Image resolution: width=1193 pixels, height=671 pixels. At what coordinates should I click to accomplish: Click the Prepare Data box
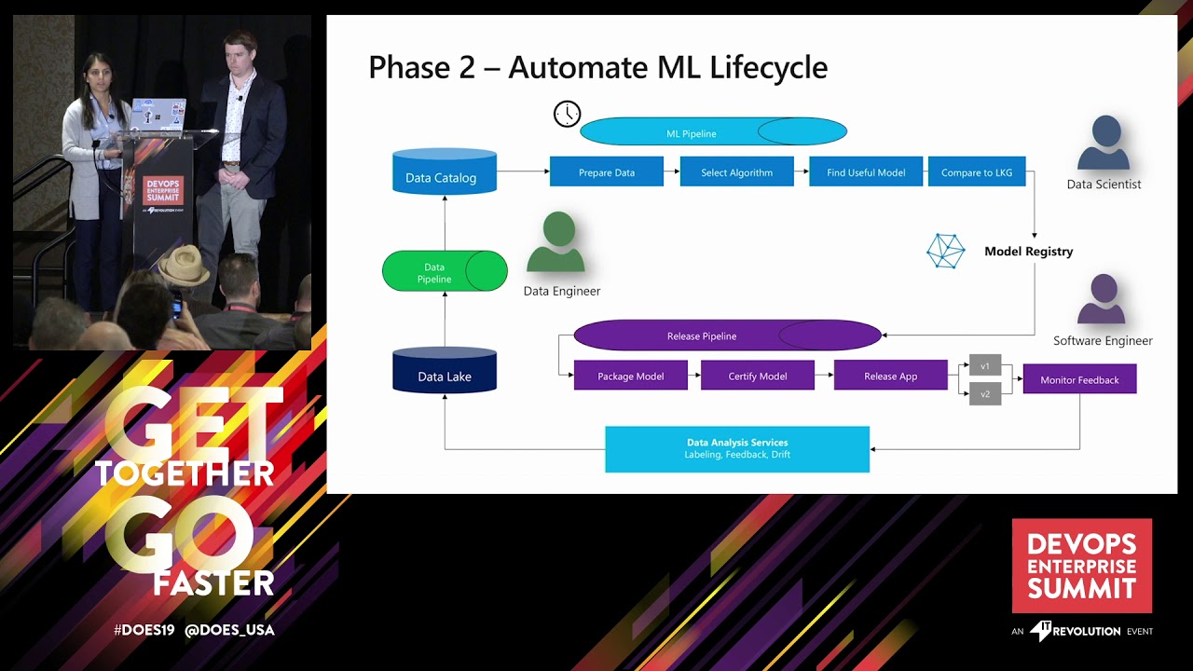click(x=606, y=172)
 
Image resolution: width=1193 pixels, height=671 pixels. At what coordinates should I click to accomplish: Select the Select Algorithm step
click(x=736, y=172)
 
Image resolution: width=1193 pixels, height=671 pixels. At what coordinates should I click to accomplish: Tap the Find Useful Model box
click(x=865, y=172)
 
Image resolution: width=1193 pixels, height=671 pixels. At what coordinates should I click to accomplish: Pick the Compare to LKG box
click(x=976, y=172)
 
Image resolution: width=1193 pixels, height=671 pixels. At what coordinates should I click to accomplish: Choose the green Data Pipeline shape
click(x=444, y=271)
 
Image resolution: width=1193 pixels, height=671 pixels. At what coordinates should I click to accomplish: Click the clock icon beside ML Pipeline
click(x=567, y=115)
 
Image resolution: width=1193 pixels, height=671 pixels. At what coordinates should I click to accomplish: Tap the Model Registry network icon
click(x=945, y=251)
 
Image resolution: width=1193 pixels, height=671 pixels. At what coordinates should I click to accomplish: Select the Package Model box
click(x=630, y=376)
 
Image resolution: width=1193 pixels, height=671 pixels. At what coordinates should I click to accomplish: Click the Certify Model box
click(x=757, y=376)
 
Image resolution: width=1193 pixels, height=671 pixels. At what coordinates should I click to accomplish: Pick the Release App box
click(x=890, y=376)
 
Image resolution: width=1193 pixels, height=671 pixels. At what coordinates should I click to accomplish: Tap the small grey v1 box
click(x=984, y=365)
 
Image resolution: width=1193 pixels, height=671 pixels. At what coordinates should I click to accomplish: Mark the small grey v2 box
click(x=984, y=393)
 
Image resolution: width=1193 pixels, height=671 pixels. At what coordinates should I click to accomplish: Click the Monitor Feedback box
click(x=1078, y=379)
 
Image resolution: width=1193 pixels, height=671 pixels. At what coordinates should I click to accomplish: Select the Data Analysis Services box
click(x=736, y=448)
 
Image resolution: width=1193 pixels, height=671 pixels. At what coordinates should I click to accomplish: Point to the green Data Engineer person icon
click(x=556, y=243)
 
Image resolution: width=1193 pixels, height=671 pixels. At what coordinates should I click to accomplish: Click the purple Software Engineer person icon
click(x=1103, y=299)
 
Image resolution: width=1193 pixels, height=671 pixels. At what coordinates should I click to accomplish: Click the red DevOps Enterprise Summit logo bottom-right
click(x=1081, y=566)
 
